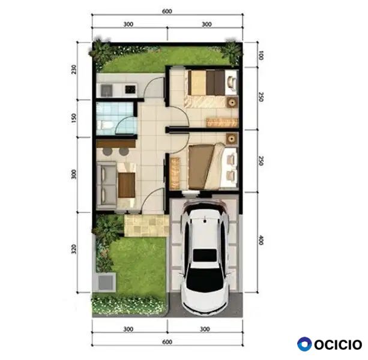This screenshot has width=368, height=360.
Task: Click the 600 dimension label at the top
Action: (167, 11)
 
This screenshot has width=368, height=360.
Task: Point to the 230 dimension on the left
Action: (74, 70)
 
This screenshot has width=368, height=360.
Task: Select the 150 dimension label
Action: (74, 118)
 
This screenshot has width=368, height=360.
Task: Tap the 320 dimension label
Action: (74, 249)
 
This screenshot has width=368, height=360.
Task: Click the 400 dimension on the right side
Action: (261, 240)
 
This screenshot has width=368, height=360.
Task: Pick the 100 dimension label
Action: (261, 55)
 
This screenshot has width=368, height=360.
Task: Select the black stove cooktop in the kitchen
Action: (130, 89)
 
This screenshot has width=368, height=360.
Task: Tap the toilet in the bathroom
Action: (104, 125)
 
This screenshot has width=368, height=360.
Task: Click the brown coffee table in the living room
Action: (127, 185)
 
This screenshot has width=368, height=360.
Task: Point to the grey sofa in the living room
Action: (106, 185)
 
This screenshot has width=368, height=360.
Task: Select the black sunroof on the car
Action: (205, 255)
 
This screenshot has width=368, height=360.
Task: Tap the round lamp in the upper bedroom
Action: (232, 103)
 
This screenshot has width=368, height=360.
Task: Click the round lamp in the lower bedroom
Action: (232, 139)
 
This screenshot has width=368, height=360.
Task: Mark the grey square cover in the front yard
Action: (106, 283)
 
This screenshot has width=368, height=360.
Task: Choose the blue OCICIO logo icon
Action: (304, 344)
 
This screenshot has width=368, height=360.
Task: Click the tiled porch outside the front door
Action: (146, 226)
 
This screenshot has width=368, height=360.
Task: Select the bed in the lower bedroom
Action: (213, 166)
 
